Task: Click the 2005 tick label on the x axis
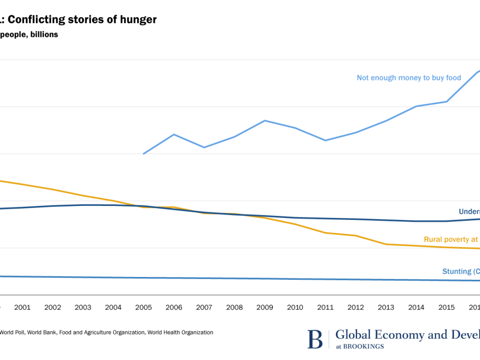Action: [x=144, y=308]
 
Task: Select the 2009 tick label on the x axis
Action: [x=264, y=308]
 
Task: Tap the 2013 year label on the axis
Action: [x=386, y=308]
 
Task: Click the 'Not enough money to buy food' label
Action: [x=408, y=78]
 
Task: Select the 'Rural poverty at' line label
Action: [x=451, y=240]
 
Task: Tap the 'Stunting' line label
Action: [x=456, y=272]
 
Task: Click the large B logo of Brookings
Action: [x=315, y=339]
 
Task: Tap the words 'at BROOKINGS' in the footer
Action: [x=360, y=346]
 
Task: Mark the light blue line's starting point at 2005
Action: [x=144, y=154]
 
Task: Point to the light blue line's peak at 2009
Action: [x=265, y=120]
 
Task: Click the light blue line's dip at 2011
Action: [x=325, y=140]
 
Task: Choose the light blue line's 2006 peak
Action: [x=174, y=134]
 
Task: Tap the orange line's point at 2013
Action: [x=386, y=244]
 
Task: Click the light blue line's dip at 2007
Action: [x=204, y=147]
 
